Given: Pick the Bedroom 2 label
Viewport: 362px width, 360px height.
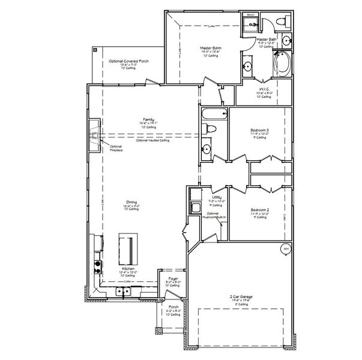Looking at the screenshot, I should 259,211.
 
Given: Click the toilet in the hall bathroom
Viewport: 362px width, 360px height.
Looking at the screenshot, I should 206,129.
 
